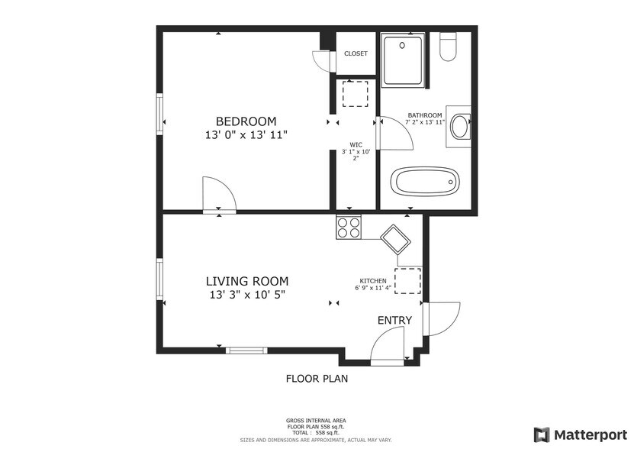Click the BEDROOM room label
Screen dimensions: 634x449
246,121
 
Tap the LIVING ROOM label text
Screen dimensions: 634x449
247,281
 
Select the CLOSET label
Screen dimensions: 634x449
356,53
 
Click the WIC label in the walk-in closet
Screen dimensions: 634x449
356,144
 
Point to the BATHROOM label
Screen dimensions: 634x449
424,115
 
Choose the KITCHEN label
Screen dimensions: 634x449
373,281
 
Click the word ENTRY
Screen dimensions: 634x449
394,320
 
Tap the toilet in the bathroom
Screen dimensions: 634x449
448,46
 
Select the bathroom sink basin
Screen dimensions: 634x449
459,127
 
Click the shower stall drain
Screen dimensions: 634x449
402,46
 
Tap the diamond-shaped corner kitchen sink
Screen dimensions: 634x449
395,239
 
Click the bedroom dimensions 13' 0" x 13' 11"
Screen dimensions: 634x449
246,135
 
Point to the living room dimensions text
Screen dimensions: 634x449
247,295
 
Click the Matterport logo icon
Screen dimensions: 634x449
542,434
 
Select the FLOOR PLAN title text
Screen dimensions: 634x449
317,379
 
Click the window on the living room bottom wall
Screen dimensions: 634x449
246,350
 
